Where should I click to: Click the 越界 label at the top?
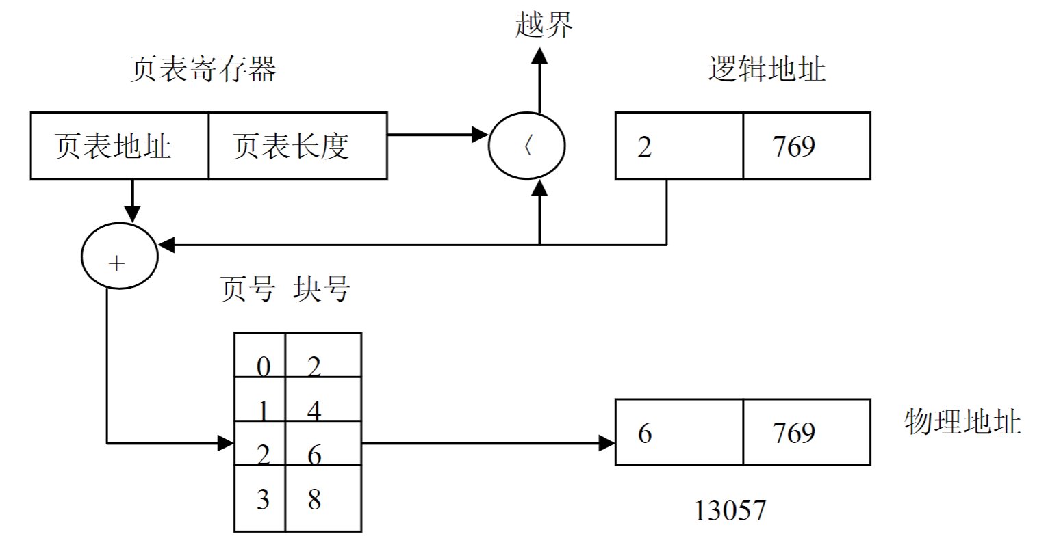pyautogui.click(x=544, y=26)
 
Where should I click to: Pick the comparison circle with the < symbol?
pyautogui.click(x=527, y=146)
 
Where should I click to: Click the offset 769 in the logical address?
pyautogui.click(x=794, y=146)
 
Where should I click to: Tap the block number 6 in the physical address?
pyautogui.click(x=644, y=433)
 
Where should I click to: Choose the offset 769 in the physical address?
pyautogui.click(x=794, y=433)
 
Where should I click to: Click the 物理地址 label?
pyautogui.click(x=962, y=423)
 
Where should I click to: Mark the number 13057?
pyautogui.click(x=730, y=510)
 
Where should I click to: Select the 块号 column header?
pyautogui.click(x=321, y=290)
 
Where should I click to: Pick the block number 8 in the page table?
pyautogui.click(x=314, y=500)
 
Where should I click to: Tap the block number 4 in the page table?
pyautogui.click(x=314, y=410)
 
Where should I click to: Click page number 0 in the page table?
pyautogui.click(x=263, y=367)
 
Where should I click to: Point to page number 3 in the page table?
pyautogui.click(x=263, y=500)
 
